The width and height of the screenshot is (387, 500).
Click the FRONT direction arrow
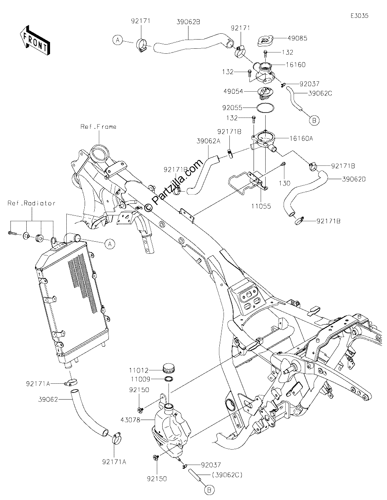pyautogui.click(x=34, y=40)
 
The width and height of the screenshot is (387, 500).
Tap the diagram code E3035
pyautogui.click(x=359, y=16)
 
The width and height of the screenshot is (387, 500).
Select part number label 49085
pyautogui.click(x=297, y=38)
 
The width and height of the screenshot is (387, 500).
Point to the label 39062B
pyautogui.click(x=188, y=22)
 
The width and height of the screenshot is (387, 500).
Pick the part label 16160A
pyautogui.click(x=301, y=138)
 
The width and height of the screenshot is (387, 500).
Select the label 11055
pyautogui.click(x=261, y=206)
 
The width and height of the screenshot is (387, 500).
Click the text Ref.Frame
pyautogui.click(x=98, y=127)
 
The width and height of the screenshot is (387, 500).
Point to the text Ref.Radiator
pyautogui.click(x=32, y=203)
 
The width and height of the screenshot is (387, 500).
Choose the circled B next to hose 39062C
pyautogui.click(x=314, y=120)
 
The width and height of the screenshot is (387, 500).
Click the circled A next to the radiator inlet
pyautogui.click(x=110, y=244)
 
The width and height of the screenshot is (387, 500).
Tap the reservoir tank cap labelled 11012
pyautogui.click(x=169, y=368)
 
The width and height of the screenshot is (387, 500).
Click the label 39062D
pyautogui.click(x=354, y=179)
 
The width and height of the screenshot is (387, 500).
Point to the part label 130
pyautogui.click(x=285, y=183)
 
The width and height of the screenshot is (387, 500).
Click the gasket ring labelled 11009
pyautogui.click(x=169, y=379)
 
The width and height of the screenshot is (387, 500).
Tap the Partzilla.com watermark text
pyautogui.click(x=173, y=186)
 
